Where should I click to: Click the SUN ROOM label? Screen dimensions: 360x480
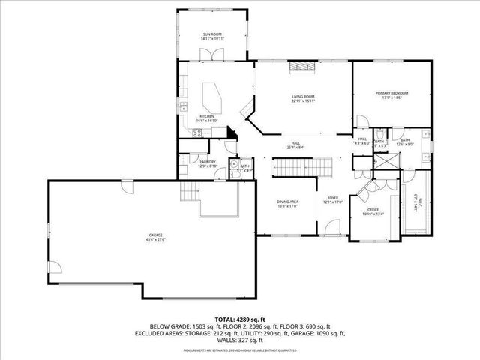pyautogui.click(x=211, y=35)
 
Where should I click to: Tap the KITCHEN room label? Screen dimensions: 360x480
pyautogui.click(x=206, y=118)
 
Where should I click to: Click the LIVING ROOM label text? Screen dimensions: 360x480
pyautogui.click(x=303, y=98)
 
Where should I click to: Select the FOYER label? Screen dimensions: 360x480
pyautogui.click(x=332, y=199)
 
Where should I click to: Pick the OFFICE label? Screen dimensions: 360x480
pyautogui.click(x=373, y=211)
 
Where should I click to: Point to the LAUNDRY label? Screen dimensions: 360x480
pyautogui.click(x=208, y=163)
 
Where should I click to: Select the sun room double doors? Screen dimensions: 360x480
pyautogui.click(x=211, y=53)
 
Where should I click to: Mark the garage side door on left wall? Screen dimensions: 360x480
pyautogui.click(x=52, y=268)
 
